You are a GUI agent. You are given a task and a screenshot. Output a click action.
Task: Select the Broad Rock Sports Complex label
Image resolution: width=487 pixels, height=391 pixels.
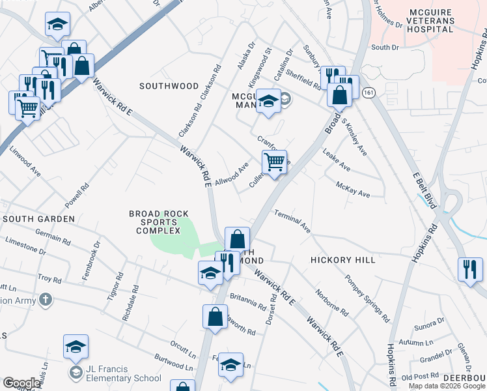point(154,222)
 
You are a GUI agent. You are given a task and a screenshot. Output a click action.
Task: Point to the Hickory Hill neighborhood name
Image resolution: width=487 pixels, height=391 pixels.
point(342,259)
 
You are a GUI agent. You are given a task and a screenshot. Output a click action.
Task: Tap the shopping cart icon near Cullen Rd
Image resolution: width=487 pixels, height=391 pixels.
point(275,162)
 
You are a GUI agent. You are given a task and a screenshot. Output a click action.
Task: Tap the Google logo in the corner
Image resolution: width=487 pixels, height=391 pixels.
point(21,383)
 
